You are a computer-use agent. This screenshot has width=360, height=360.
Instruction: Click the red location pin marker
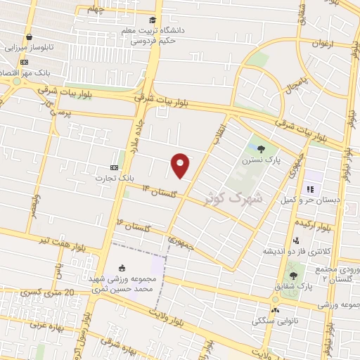[x=181, y=165]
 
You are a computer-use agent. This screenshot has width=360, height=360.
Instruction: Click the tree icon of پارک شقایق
[x=293, y=274]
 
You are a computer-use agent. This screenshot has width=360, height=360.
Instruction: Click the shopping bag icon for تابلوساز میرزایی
[x=28, y=37]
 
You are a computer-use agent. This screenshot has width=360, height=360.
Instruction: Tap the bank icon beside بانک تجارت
[x=114, y=167]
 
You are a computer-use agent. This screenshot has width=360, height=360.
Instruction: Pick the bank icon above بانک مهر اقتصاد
[x=24, y=61]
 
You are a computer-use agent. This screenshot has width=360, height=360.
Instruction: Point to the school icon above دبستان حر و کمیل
[x=309, y=189]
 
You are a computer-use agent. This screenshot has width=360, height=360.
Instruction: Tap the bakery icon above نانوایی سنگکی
[x=275, y=309]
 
